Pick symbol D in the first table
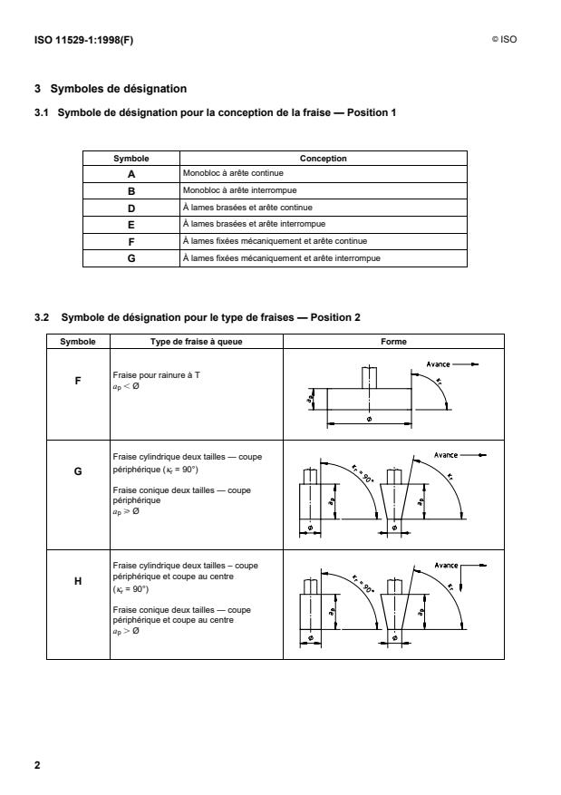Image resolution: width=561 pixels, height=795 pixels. [131, 208]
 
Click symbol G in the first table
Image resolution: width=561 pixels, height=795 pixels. [131, 258]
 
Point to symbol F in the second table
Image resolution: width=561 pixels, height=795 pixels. [78, 382]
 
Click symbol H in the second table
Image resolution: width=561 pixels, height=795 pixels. [78, 583]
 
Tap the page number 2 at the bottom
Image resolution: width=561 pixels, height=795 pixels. [37, 765]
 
